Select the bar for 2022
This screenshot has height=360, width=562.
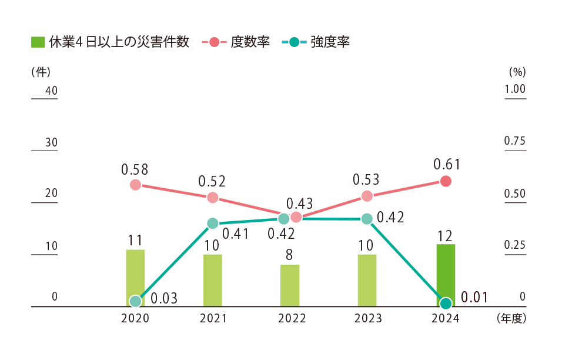coord(290,286)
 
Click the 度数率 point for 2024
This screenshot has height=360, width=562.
coord(446,181)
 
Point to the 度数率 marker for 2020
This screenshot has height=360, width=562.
coord(135,185)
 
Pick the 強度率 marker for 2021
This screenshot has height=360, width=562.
coord(213,223)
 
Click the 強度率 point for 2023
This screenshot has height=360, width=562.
coord(367,219)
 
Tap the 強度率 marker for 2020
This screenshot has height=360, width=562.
coord(135,301)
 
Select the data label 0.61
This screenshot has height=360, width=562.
coord(447,164)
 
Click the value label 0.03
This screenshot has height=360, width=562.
coord(164,298)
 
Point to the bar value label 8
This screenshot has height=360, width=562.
coord(290,255)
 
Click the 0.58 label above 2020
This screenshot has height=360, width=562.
coord(135,169)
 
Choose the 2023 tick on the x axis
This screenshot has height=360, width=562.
coord(367,319)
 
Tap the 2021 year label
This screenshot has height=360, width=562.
coord(213,319)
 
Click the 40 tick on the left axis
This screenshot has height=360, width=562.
coord(51,91)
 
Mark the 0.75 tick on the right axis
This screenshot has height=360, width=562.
coord(515,142)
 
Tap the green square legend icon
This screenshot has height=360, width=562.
coord(38,42)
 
